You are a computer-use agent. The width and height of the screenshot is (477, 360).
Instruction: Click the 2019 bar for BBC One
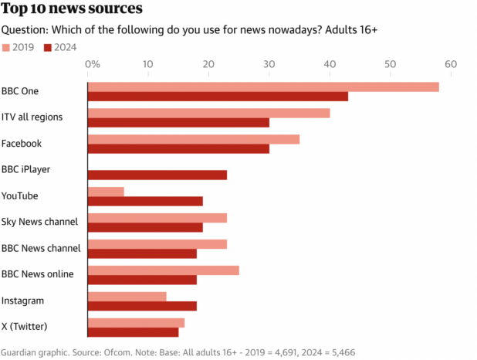(x=262, y=87)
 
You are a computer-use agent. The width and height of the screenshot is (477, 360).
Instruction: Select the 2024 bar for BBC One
(x=218, y=97)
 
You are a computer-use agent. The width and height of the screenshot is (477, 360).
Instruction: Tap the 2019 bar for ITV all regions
(x=208, y=113)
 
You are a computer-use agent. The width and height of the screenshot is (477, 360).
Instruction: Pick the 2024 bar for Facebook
(x=178, y=148)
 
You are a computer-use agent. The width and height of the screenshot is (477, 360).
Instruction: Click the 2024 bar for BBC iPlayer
(x=157, y=175)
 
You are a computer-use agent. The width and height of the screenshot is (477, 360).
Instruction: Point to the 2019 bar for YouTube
(x=106, y=192)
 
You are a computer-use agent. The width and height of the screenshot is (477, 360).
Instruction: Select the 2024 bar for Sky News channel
(x=145, y=227)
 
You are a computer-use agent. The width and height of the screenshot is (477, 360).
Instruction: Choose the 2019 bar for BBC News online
(x=164, y=270)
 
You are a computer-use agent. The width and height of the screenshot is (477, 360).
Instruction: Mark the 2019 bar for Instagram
(x=127, y=297)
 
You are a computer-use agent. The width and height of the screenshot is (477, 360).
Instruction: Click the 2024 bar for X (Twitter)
(x=133, y=332)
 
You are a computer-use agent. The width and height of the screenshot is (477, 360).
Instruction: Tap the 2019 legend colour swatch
(x=6, y=47)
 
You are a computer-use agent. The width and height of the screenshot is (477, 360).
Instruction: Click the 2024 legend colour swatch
(x=48, y=47)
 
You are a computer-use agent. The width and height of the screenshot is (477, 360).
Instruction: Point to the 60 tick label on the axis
(x=451, y=64)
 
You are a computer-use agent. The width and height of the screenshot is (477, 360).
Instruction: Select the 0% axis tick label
(x=92, y=64)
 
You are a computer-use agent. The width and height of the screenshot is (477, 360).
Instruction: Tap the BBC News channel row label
(x=41, y=248)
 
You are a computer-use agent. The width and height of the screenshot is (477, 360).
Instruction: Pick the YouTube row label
(x=20, y=195)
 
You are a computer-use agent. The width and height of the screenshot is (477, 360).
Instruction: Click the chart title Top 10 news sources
(x=72, y=10)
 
